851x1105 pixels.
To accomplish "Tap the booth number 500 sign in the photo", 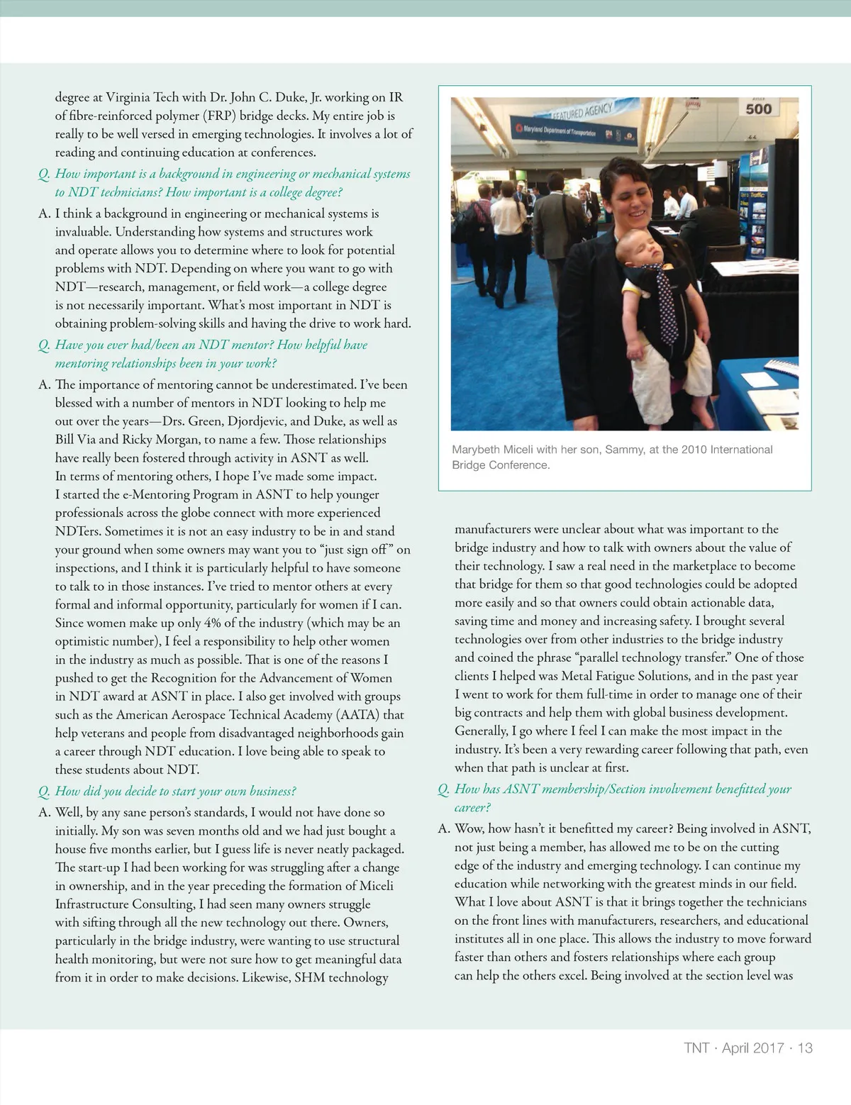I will click(x=758, y=109).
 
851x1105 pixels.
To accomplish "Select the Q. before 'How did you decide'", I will click(x=44, y=792).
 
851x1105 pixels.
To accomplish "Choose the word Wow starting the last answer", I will click(x=469, y=828).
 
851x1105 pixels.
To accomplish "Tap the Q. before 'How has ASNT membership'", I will click(x=444, y=789).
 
